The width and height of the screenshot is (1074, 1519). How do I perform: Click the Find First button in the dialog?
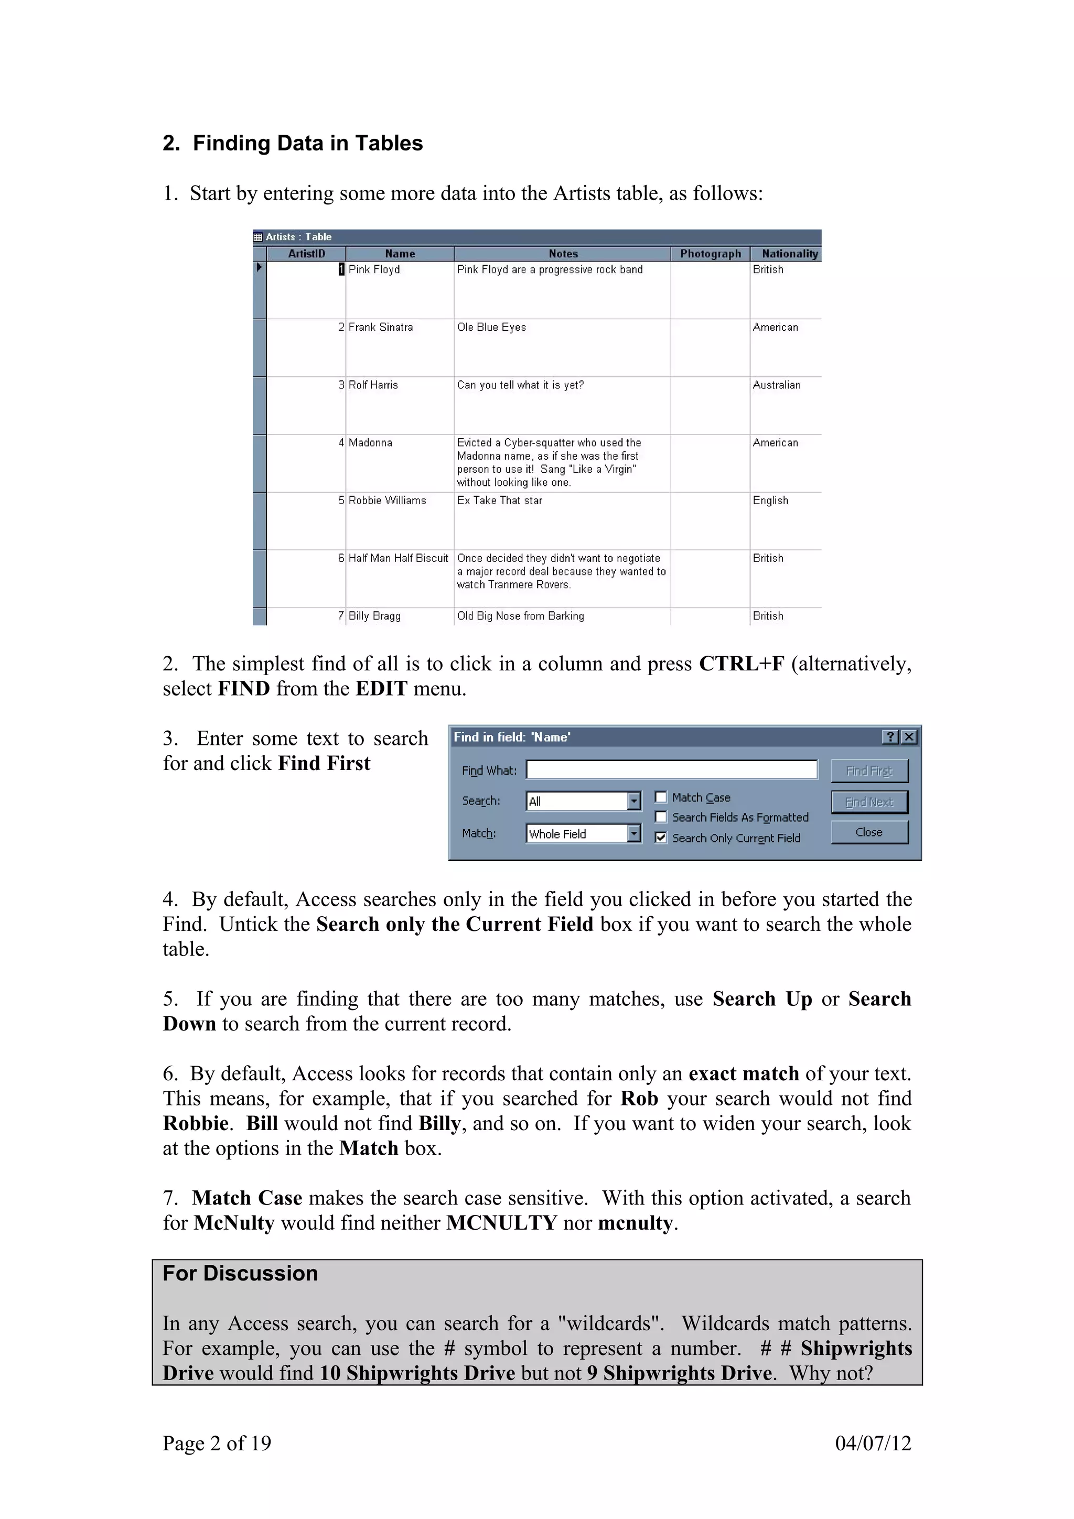[869, 771]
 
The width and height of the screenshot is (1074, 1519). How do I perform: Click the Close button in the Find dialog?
[869, 832]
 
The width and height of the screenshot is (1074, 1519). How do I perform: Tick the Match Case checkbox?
[660, 797]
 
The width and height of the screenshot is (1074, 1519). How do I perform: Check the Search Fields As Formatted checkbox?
[660, 817]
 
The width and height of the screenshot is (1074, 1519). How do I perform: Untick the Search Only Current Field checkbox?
[660, 838]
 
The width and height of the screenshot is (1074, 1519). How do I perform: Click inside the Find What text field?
[671, 769]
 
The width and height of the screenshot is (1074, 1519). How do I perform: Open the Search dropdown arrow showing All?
[633, 801]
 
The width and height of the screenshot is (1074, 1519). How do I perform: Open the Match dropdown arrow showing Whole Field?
[633, 833]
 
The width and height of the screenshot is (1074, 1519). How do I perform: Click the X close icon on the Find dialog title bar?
[909, 737]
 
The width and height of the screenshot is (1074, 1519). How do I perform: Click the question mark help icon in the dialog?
[890, 737]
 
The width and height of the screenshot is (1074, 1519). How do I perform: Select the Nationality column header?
[789, 253]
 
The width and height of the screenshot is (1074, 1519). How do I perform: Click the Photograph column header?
[710, 253]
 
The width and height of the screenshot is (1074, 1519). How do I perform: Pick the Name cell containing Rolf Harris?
[373, 385]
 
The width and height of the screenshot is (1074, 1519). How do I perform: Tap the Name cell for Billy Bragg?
[374, 616]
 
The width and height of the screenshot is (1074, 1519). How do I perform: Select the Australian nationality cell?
[776, 385]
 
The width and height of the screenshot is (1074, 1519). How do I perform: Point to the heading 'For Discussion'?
[240, 1273]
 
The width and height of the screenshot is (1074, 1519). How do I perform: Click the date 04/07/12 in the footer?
[873, 1443]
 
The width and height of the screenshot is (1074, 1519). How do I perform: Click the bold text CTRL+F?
[741, 664]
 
